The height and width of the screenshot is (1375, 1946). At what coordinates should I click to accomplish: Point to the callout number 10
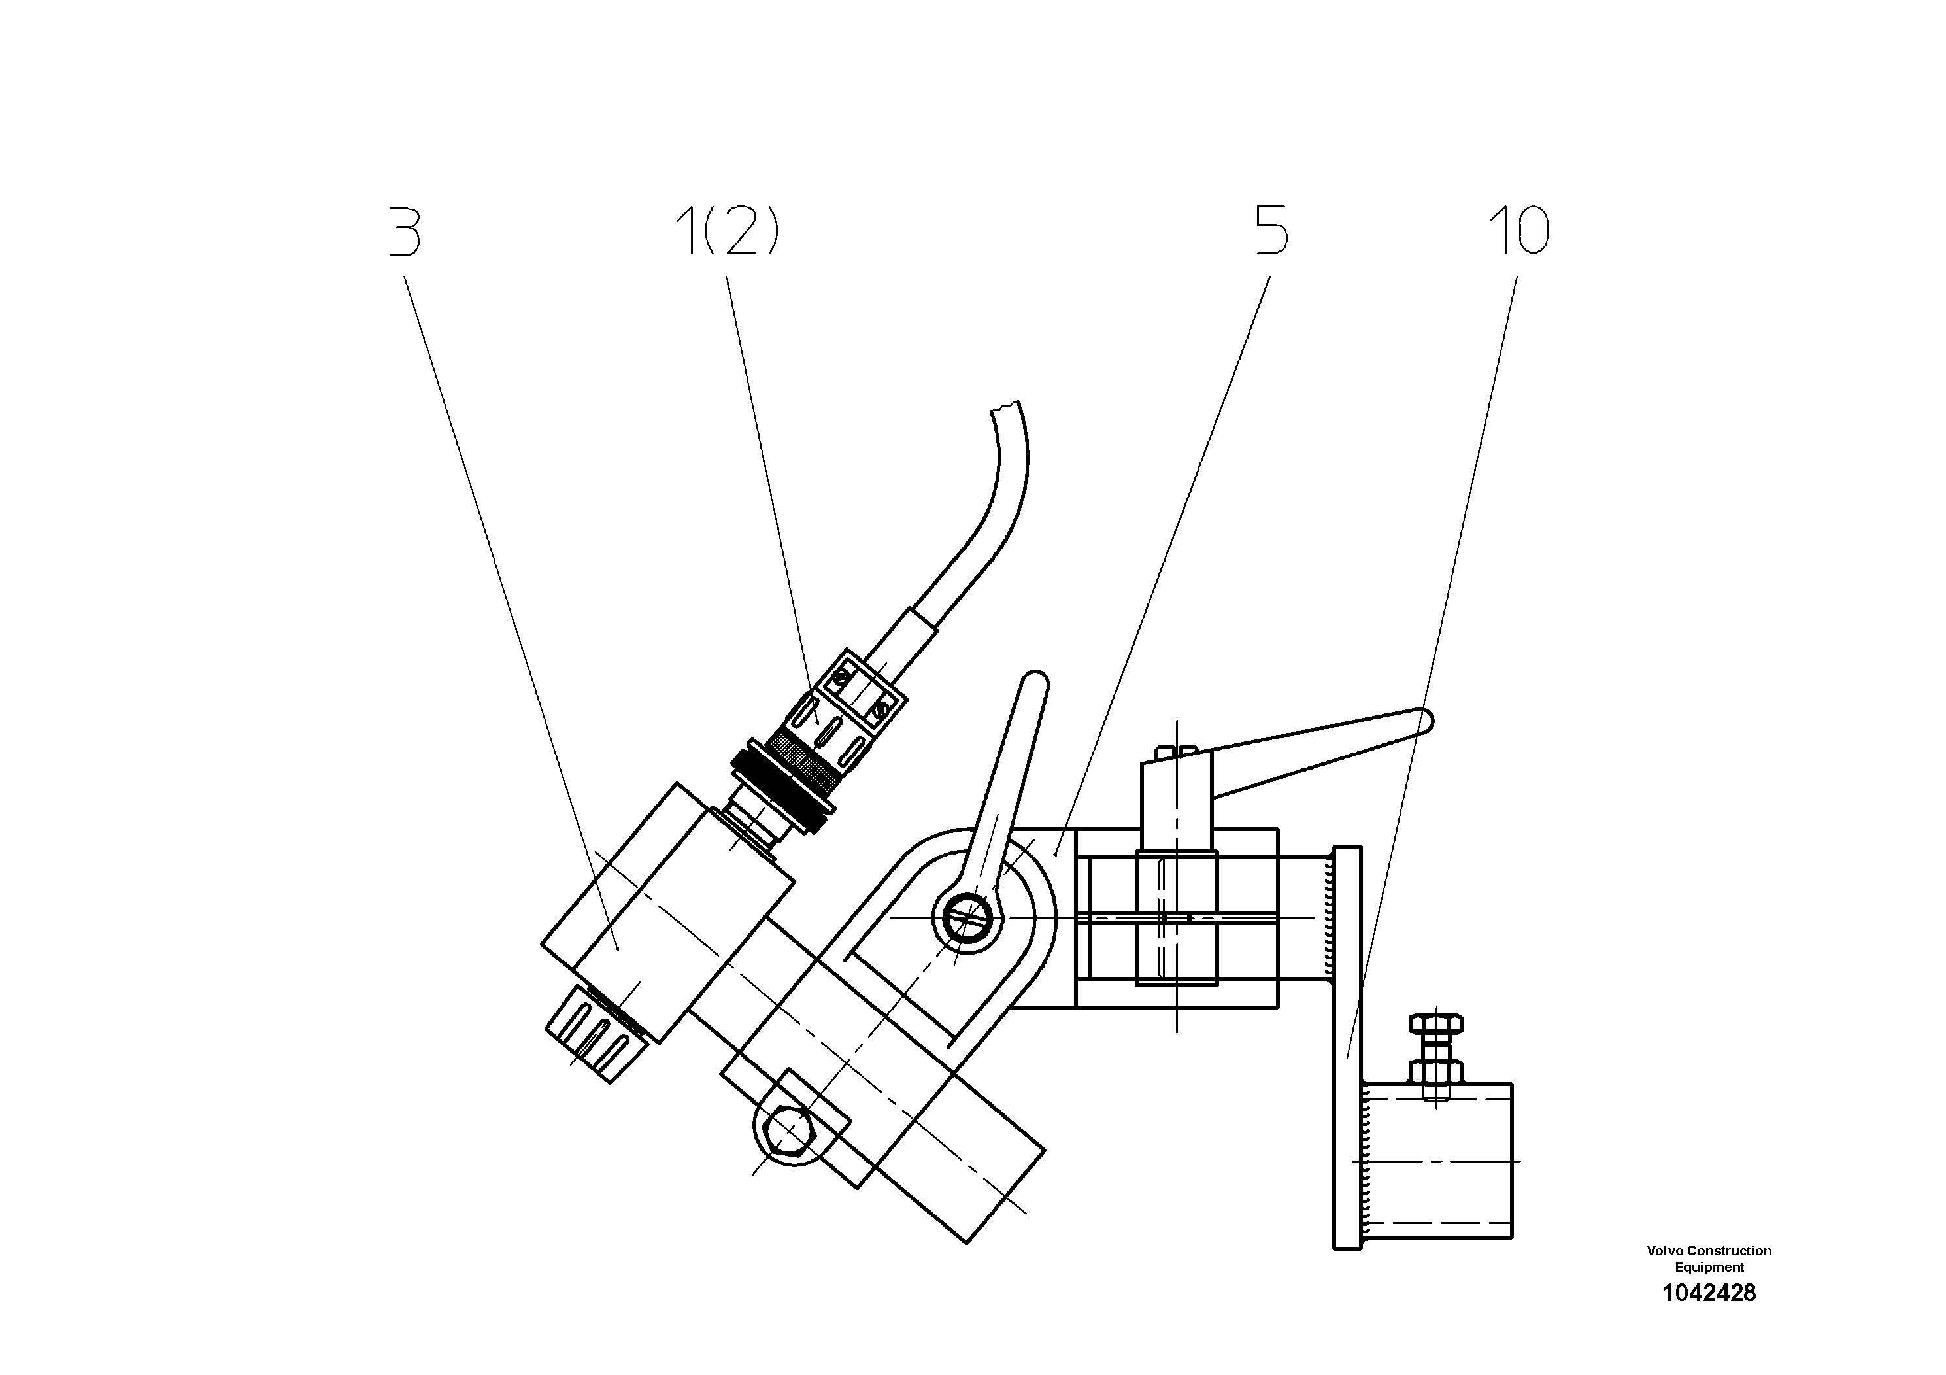1519,231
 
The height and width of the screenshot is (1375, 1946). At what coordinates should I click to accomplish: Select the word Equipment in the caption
1709,1267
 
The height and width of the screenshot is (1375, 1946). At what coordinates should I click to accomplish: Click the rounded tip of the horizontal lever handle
1426,721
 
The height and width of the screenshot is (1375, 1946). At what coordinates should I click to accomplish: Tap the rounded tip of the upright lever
1035,683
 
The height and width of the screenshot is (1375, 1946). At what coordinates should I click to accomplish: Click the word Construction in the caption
1728,1250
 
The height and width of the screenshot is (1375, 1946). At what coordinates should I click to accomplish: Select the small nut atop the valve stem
1177,751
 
